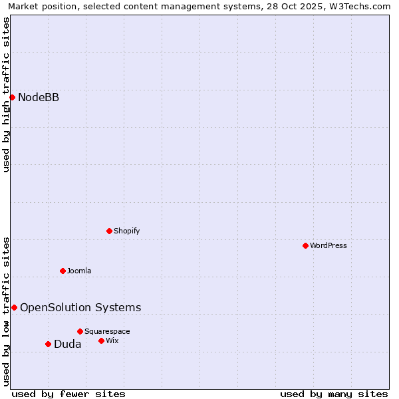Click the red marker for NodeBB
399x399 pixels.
point(12,98)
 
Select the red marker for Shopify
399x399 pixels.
point(109,231)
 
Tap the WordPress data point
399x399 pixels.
point(305,245)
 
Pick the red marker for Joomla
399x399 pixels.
point(63,271)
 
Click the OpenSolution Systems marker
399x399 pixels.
point(14,307)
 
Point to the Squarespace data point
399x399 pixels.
point(80,331)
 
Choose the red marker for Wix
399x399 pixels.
point(101,340)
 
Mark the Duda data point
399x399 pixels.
point(48,344)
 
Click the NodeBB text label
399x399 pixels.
point(39,98)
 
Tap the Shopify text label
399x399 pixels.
point(126,231)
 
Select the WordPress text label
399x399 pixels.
point(329,245)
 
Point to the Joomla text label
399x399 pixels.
point(79,271)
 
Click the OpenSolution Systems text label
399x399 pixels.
point(80,307)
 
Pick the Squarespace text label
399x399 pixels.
point(107,331)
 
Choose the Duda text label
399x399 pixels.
point(68,344)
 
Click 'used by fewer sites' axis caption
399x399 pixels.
point(68,394)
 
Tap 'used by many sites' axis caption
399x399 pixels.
point(334,394)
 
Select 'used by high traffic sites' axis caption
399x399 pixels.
point(6,94)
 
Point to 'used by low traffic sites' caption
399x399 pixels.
point(6,311)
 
